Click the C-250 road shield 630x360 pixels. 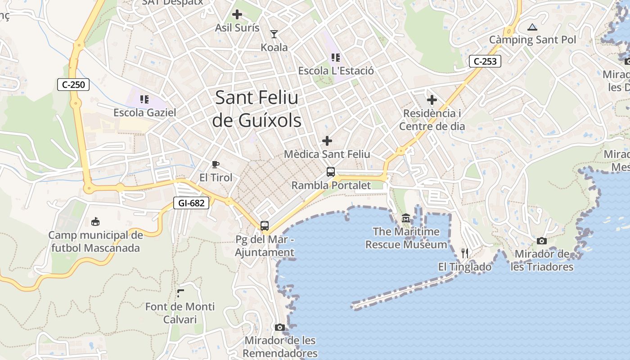(x=73, y=84)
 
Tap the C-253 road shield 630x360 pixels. (x=485, y=61)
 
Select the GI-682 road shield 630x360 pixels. (x=191, y=203)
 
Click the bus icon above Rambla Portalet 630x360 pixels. (x=331, y=171)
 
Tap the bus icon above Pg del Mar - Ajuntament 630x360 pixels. (x=265, y=225)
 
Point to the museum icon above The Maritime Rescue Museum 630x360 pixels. (x=406, y=218)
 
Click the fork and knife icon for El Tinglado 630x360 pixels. (x=465, y=253)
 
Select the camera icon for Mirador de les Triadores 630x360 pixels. (x=542, y=241)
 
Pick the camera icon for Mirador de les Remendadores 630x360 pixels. (x=280, y=327)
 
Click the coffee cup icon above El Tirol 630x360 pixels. (x=216, y=164)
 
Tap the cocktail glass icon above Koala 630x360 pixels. (x=274, y=34)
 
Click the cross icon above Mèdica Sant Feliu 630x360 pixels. (x=327, y=141)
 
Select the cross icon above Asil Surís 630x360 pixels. (x=237, y=14)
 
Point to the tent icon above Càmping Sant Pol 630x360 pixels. (x=532, y=27)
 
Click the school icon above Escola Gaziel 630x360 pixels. (x=144, y=99)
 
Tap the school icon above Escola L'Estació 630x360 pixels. (x=336, y=57)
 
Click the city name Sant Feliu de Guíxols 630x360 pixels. (x=256, y=109)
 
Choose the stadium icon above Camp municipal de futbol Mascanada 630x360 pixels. (x=95, y=221)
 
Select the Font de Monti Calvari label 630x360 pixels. (x=180, y=313)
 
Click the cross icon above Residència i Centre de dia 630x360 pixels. (x=432, y=99)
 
